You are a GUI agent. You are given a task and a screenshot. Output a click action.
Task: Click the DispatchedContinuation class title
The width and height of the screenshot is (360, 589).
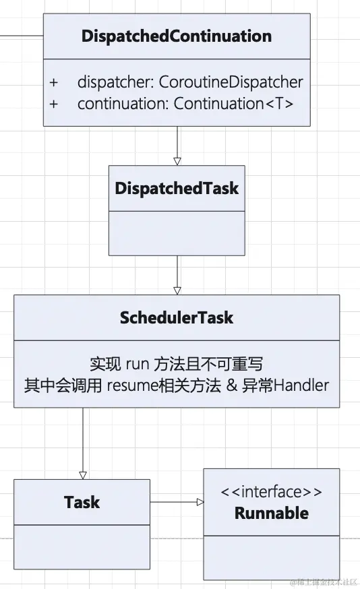177,36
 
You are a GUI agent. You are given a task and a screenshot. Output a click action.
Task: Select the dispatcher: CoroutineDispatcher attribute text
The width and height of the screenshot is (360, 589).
189,82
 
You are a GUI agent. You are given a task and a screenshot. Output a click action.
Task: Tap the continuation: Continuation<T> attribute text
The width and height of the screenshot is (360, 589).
185,104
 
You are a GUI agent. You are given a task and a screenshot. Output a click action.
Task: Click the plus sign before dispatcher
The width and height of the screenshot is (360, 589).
54,82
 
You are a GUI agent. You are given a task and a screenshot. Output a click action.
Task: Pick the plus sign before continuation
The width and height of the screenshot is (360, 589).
54,104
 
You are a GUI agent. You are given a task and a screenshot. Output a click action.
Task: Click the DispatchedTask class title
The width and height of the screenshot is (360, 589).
177,188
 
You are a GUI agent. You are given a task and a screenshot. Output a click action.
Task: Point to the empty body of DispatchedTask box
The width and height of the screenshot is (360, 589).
177,232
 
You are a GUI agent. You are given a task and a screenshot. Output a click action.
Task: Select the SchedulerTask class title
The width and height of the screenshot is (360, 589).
177,317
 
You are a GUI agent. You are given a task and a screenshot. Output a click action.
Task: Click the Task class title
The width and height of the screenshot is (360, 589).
82,502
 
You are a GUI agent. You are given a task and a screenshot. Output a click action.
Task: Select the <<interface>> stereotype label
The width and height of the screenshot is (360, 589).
271,492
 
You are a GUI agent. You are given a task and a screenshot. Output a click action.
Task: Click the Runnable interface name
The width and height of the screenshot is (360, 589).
271,513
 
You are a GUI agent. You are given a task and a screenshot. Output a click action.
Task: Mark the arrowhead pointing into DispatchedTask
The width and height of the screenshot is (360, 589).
177,161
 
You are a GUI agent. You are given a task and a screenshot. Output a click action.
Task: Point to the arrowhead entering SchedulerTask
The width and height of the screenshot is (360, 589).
177,290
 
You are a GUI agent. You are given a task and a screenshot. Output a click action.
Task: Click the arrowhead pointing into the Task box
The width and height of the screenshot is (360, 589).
83,474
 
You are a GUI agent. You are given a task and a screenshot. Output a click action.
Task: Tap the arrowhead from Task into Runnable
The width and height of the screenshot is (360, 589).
200,502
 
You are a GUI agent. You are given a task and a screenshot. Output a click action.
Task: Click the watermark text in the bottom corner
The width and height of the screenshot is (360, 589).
324,582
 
